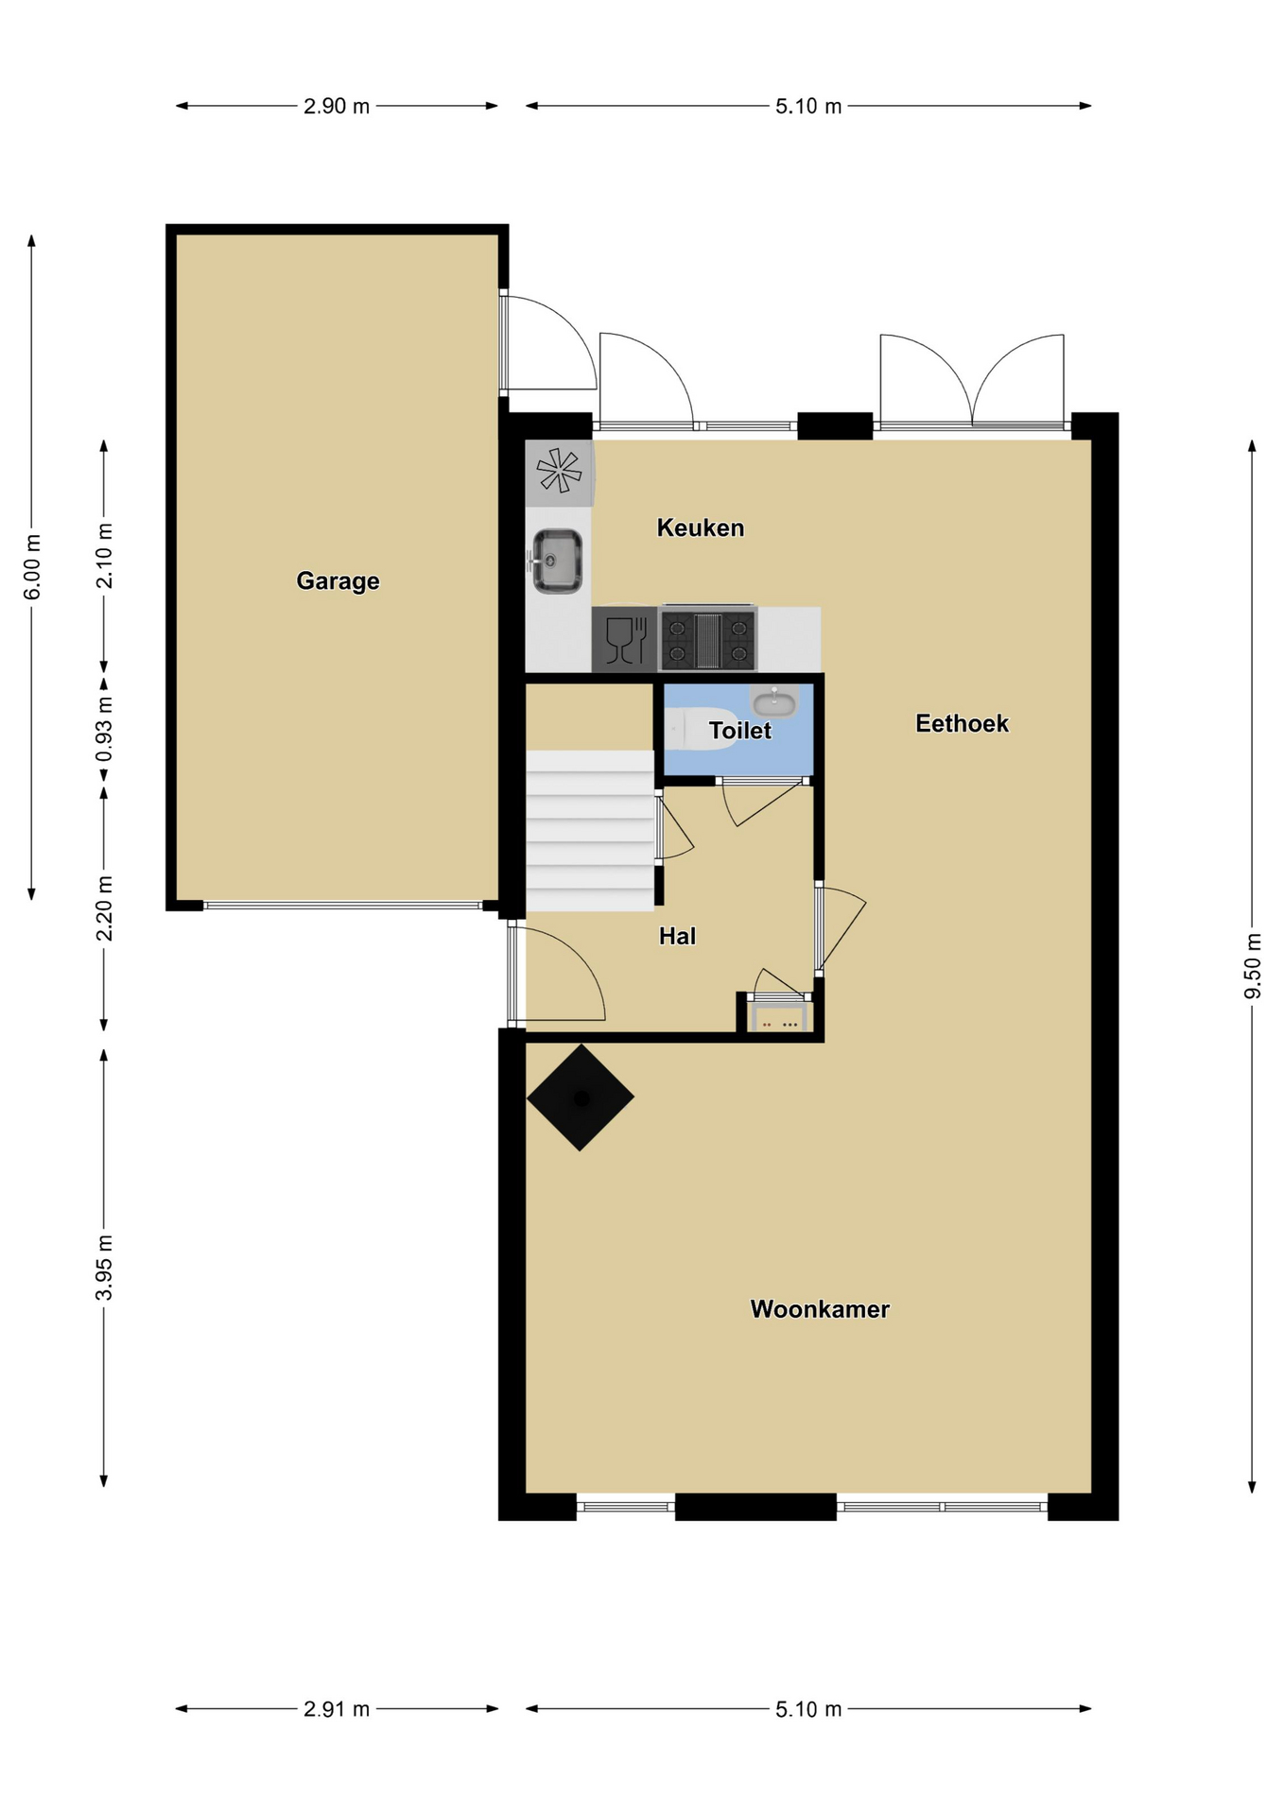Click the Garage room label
tap(338, 580)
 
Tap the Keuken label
tap(701, 527)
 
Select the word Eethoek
tap(962, 723)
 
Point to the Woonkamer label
tap(820, 1308)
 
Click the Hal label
tap(677, 936)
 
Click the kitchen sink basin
tap(557, 561)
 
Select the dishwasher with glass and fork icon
tap(625, 639)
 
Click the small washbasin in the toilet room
tap(774, 701)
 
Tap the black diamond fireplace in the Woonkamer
tap(581, 1098)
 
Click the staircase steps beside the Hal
tap(590, 830)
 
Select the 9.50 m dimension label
tap(1253, 965)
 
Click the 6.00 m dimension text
tap(32, 566)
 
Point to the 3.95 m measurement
tap(104, 1267)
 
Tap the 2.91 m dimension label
tap(337, 1708)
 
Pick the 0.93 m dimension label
tap(104, 729)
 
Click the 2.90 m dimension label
tap(337, 106)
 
